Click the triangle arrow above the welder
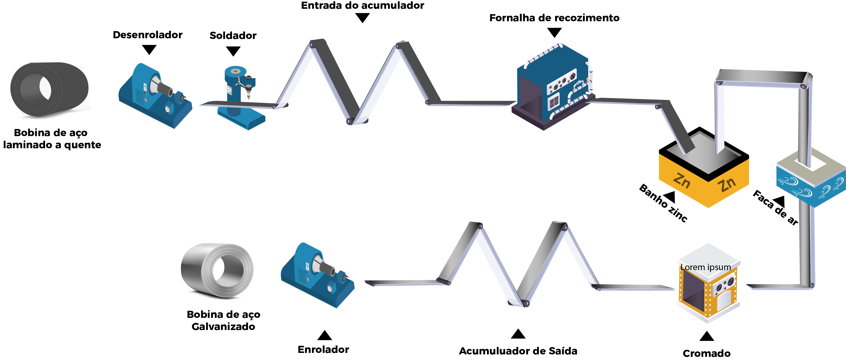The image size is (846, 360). pos(233,51)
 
